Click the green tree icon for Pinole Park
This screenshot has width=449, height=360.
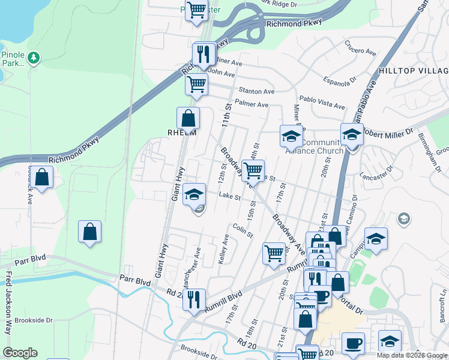pos(34,58)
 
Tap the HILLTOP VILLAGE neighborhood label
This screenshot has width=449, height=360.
pos(413,70)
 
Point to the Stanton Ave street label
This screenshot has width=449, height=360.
pos(256,91)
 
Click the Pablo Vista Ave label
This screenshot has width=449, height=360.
pos(322,102)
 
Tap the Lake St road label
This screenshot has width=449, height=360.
pos(230,196)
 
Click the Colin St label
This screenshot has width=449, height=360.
pos(243,230)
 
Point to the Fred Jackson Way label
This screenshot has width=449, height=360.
pos(8,303)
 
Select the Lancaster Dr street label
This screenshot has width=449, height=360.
pos(376,176)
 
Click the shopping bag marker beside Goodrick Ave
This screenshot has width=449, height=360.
pos(42,178)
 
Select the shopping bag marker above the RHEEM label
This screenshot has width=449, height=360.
pos(188,118)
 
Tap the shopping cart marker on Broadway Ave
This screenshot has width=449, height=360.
pos(253,171)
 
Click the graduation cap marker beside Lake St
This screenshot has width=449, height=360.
pos(194,195)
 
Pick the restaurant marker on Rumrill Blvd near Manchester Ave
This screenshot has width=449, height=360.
pos(194,299)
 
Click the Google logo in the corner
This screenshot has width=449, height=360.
pos(20,353)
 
